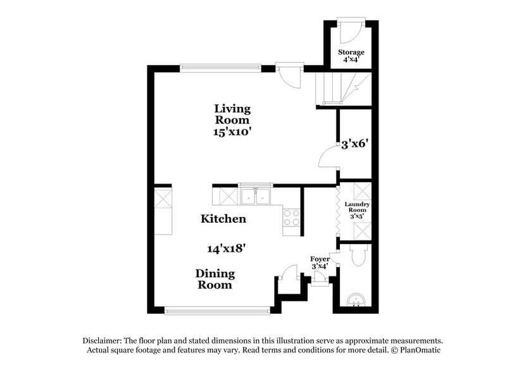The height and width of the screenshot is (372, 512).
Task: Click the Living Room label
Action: pos(232,114)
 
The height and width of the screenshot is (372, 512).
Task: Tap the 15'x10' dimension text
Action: pos(232,132)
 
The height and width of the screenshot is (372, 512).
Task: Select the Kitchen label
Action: pos(223,219)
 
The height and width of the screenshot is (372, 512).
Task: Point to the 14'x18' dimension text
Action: pos(226,249)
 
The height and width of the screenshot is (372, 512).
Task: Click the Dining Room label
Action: pos(215,279)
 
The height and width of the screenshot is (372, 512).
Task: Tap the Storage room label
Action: pos(351,52)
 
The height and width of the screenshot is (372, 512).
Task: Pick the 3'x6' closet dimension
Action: pos(355,144)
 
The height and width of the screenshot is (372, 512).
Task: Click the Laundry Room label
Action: pos(357,208)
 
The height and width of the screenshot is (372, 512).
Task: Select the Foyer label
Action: pos(320,259)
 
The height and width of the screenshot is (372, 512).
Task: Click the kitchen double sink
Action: pos(256,198)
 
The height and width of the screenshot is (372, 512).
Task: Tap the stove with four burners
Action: pos(290,218)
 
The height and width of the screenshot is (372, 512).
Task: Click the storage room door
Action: pos(348,31)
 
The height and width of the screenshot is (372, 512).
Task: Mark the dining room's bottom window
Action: pos(218,311)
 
